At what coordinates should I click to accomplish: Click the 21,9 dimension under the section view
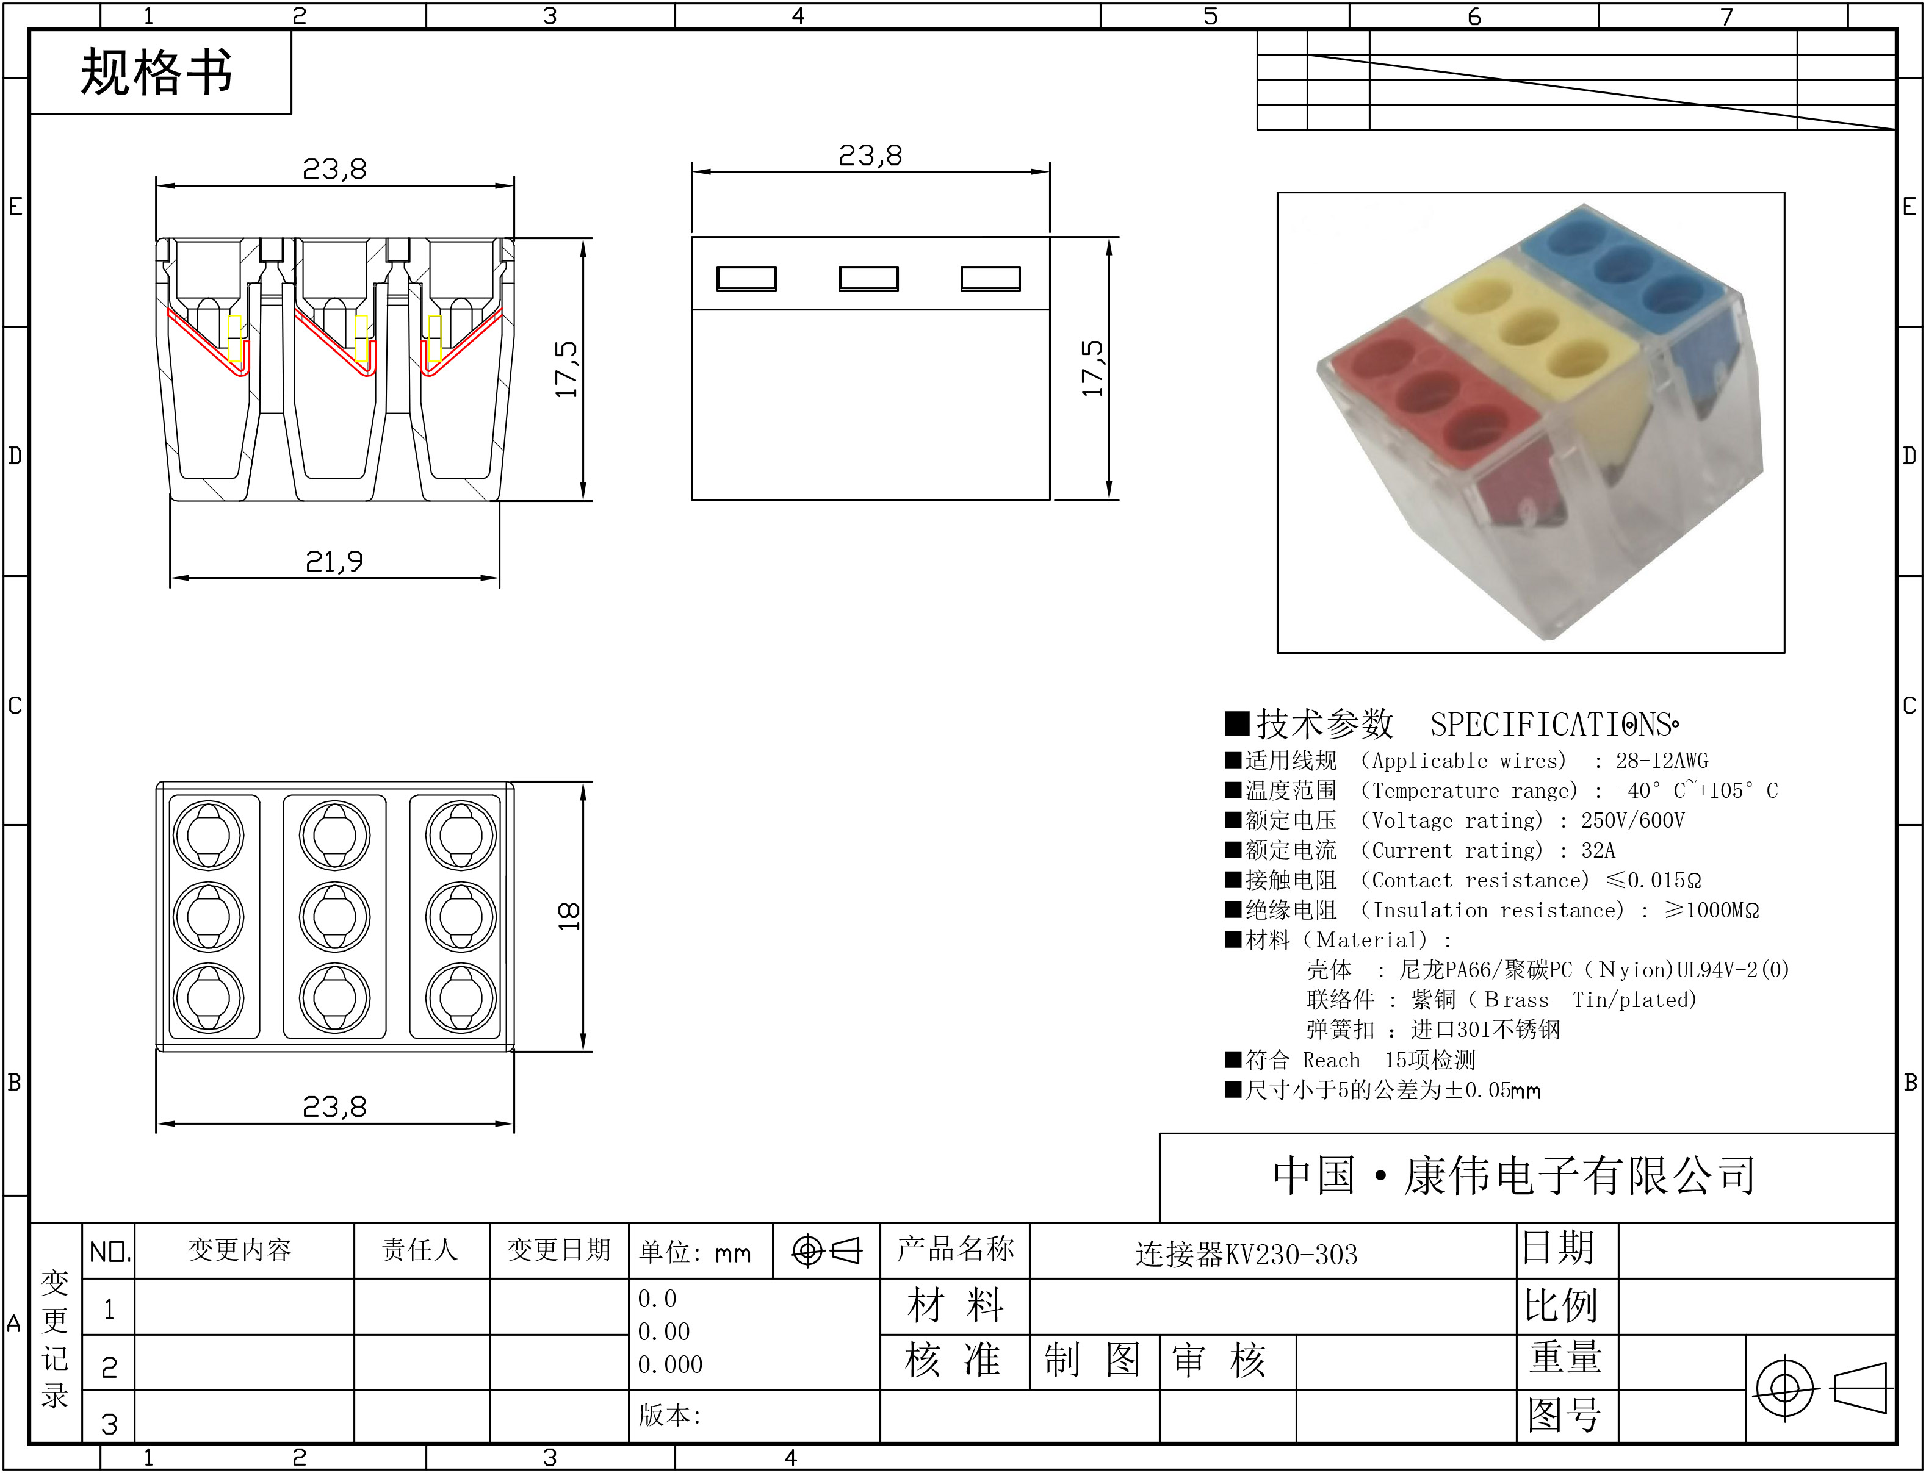click(x=334, y=561)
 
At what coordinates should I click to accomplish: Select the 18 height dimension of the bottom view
click(x=568, y=916)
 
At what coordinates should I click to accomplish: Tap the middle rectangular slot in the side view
click(x=868, y=279)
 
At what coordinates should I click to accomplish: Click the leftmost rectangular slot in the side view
click(x=746, y=279)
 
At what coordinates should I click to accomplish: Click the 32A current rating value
click(x=1598, y=850)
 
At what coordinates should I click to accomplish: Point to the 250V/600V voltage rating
click(x=1632, y=821)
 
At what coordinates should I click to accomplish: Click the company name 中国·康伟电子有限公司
click(x=1515, y=1177)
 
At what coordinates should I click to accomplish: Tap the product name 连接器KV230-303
click(x=1246, y=1255)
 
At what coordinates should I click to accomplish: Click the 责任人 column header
click(x=420, y=1249)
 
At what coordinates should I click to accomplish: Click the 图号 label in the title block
click(x=1565, y=1414)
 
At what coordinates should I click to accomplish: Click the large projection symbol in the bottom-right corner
click(x=1821, y=1389)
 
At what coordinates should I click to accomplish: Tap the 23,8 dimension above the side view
click(x=870, y=156)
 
